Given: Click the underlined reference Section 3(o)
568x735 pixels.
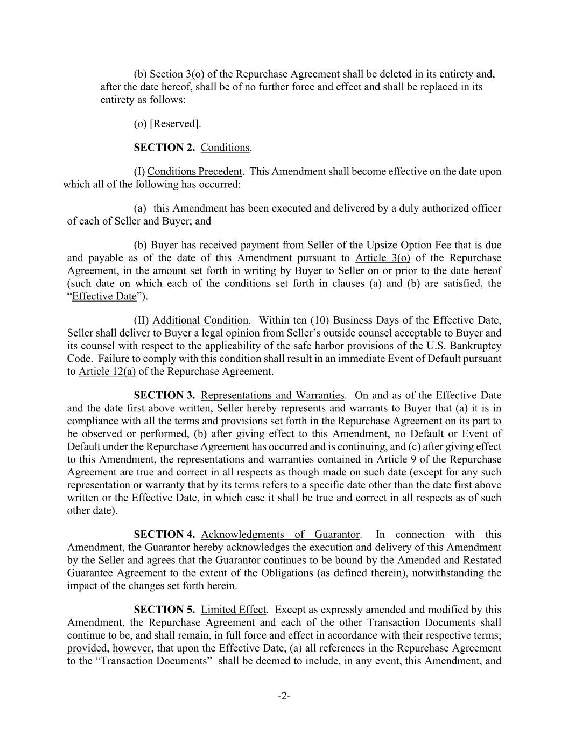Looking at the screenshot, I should tap(177, 74).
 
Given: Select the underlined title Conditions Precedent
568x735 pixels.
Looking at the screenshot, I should tap(194, 172).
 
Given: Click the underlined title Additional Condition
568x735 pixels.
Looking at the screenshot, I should tap(200, 321).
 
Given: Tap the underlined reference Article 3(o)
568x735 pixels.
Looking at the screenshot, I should tap(383, 258).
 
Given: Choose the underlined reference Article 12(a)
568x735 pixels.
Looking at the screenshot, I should tap(107, 372).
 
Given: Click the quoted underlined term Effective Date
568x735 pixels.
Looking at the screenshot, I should tap(104, 297).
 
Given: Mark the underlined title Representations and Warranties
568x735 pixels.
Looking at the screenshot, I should tap(272, 396).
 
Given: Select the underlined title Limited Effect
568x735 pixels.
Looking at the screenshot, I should tap(233, 610).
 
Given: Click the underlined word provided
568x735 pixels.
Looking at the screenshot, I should tap(87, 648).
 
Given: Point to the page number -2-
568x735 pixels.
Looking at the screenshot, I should tap(284, 697).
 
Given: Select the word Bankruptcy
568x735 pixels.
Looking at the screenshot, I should tap(477, 346).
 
